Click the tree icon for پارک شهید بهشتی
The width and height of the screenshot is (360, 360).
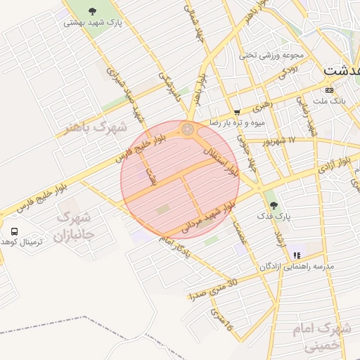(x=92, y=11)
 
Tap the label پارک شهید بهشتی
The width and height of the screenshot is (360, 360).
(x=93, y=22)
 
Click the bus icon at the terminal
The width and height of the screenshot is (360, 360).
(x=14, y=231)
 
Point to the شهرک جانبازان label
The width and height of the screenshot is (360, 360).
(x=74, y=226)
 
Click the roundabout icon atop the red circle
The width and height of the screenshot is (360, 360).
(x=188, y=129)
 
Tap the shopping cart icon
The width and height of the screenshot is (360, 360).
(x=237, y=111)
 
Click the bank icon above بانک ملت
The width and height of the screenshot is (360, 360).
(x=329, y=90)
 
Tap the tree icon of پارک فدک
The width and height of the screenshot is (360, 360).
(x=273, y=205)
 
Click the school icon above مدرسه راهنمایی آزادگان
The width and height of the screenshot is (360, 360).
(x=297, y=255)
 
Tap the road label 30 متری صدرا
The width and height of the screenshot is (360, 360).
(x=214, y=289)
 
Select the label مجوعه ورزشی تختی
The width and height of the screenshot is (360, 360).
(x=271, y=55)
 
